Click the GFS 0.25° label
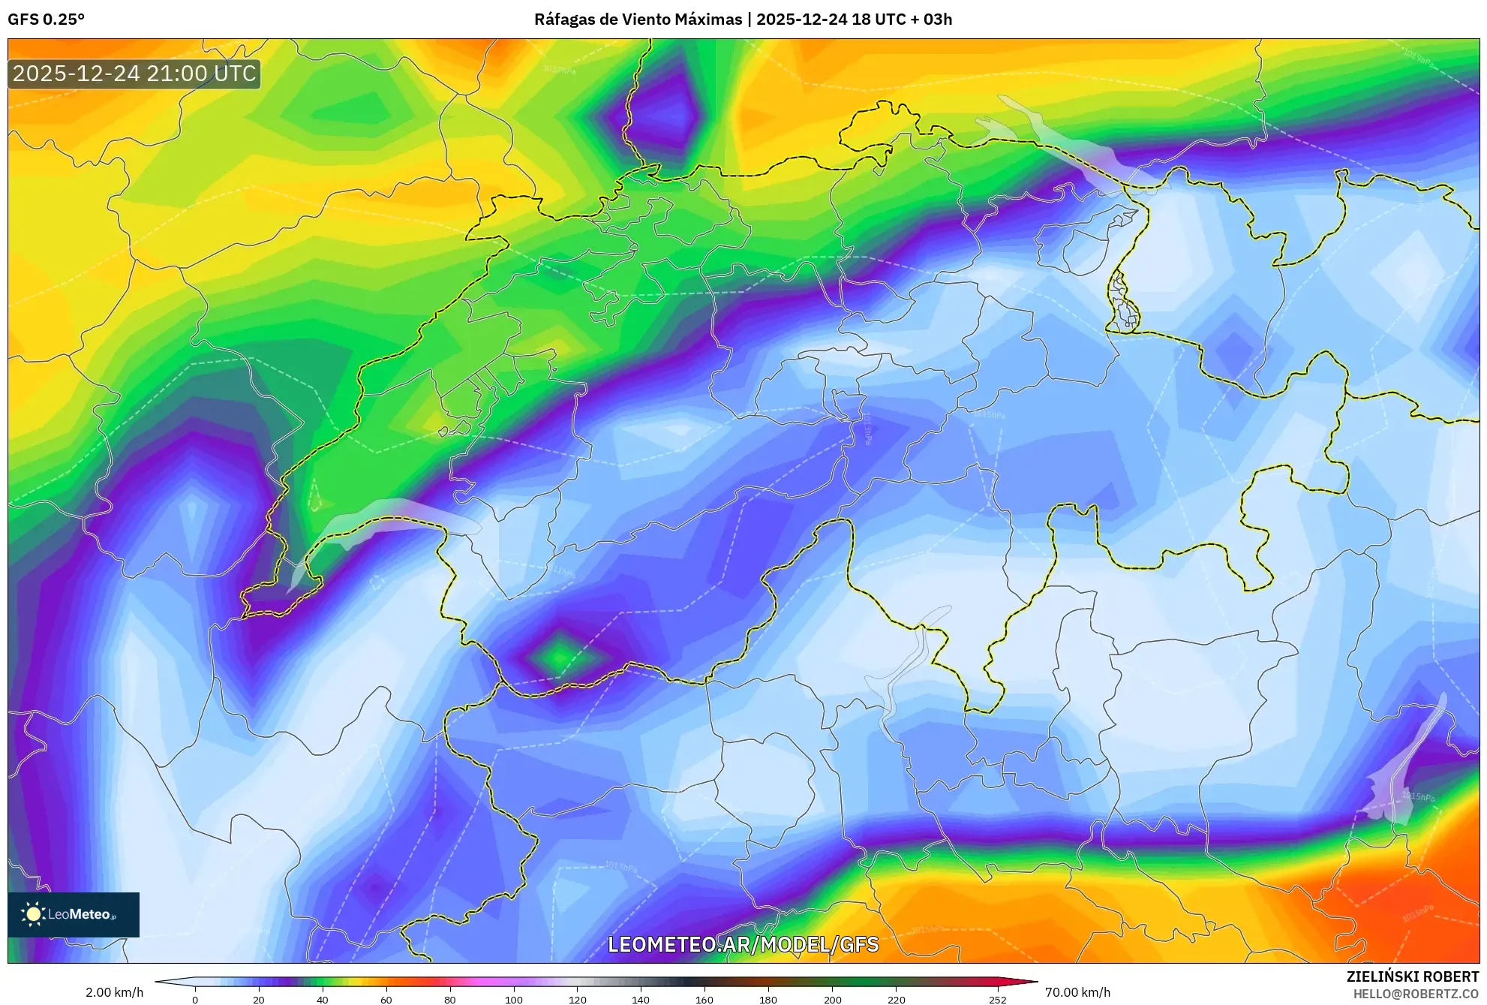point(46,20)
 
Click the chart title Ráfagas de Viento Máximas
point(637,20)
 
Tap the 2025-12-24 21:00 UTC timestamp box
point(134,74)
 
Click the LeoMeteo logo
point(74,914)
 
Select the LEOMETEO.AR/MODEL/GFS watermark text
point(743,944)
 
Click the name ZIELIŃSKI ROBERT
point(1412,976)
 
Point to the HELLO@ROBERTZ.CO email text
point(1416,994)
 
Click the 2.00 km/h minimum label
point(114,992)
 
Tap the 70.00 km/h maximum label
point(1077,992)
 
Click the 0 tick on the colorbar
point(195,1000)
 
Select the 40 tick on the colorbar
point(323,1000)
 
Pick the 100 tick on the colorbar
point(514,1000)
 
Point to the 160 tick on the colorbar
point(704,1000)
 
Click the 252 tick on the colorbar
point(997,1000)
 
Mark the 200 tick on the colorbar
point(832,1000)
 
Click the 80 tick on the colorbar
point(450,1000)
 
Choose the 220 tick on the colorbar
point(896,1000)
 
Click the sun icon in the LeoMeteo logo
point(33,914)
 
